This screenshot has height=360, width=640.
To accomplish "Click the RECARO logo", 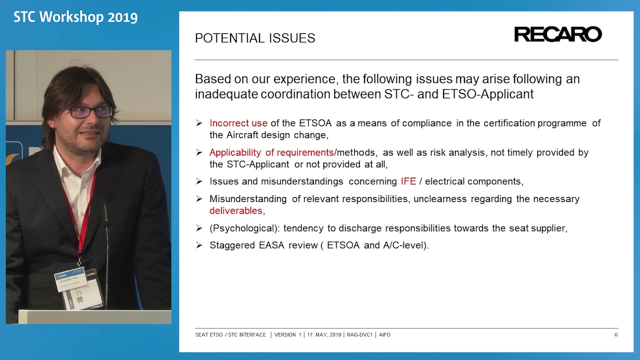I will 557,34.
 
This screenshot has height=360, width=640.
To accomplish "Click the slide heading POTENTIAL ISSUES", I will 255,38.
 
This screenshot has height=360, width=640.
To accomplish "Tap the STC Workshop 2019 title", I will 75,17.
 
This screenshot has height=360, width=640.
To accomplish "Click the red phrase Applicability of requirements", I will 271,152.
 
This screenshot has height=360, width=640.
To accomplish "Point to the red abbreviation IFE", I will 408,181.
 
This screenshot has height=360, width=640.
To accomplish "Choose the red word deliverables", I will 236,211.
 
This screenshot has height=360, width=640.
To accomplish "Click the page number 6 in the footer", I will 615,334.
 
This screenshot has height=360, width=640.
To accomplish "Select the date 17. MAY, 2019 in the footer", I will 323,334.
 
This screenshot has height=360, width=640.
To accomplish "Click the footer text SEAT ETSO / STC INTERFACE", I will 230,334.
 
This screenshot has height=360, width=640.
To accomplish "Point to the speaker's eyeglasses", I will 91,111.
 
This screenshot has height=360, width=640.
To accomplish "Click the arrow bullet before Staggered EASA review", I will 199,245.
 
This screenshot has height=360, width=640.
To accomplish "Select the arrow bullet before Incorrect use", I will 199,123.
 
